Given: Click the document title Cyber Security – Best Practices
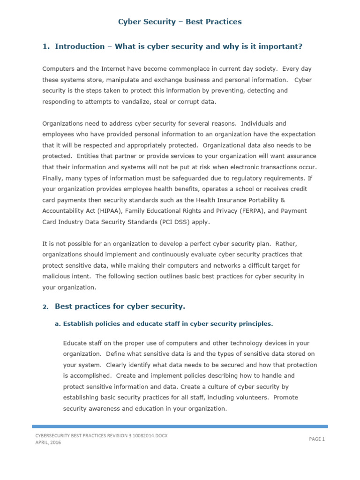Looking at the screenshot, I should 180,22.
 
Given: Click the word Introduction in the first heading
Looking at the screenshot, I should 80,46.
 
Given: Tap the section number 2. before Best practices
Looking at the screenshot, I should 45,307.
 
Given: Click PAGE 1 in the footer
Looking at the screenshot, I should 317,439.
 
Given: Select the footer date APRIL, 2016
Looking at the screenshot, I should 48,442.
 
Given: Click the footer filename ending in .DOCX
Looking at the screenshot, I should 101,436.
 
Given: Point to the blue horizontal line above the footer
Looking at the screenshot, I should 180,426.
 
